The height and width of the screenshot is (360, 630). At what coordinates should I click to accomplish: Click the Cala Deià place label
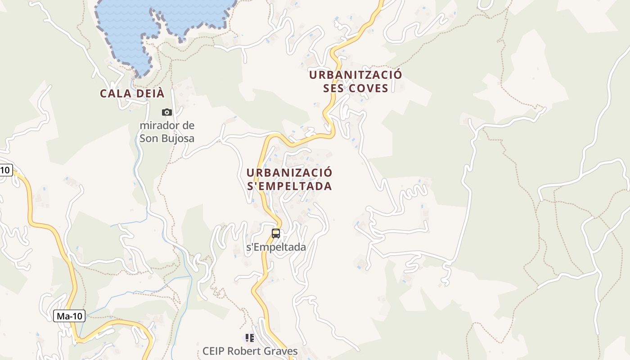132,94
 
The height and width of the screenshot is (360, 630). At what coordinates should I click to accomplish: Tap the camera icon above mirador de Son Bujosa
167,112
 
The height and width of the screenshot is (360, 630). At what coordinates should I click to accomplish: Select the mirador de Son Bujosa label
167,132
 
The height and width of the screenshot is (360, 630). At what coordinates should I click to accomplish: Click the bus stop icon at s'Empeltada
276,234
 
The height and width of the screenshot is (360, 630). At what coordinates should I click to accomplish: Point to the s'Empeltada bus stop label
276,247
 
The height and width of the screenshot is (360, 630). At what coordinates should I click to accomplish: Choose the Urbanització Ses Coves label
355,81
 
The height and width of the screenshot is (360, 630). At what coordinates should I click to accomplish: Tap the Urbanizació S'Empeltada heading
289,179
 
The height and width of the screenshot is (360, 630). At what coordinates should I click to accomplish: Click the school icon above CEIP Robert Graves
250,337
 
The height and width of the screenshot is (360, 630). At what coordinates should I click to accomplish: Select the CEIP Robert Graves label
250,351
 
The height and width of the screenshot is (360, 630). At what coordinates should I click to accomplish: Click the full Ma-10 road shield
69,316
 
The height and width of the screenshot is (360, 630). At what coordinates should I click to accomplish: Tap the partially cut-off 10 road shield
5,170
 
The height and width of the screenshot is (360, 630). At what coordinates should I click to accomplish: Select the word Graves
280,351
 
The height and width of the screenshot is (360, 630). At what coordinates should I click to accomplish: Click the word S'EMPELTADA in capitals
289,186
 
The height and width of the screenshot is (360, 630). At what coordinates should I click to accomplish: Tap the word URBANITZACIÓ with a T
355,75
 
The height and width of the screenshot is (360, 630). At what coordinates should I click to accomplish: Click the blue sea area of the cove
130,27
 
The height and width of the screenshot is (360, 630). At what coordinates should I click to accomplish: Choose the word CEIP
213,351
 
